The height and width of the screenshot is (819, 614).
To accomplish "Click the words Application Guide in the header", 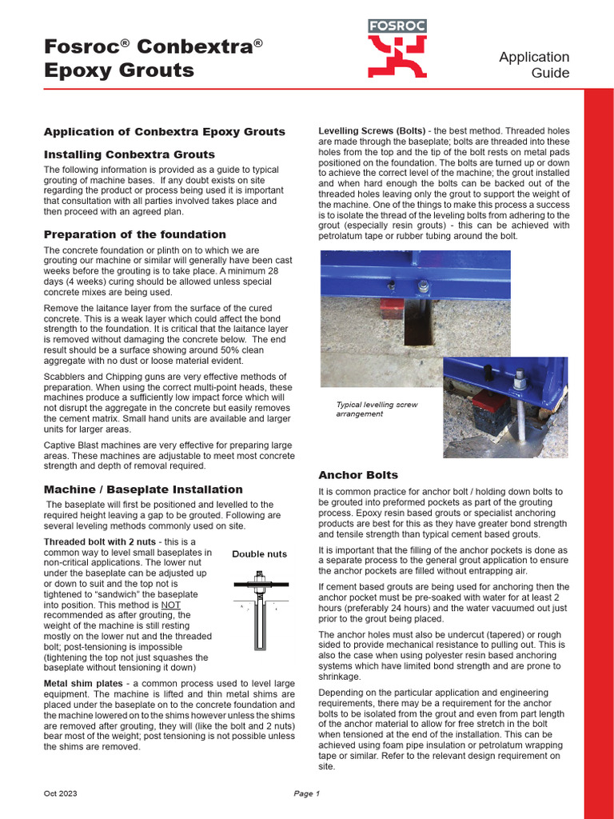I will click(x=534, y=65).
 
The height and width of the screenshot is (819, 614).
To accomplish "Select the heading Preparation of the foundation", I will click(x=134, y=234).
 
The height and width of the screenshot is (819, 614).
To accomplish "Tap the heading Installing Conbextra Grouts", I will click(x=129, y=154).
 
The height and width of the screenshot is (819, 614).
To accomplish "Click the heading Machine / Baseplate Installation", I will click(x=143, y=489).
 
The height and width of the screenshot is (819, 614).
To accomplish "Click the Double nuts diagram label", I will click(x=259, y=553).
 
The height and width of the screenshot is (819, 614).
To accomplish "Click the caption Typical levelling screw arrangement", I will click(x=377, y=409).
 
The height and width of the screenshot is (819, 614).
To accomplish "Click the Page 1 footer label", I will click(x=306, y=793).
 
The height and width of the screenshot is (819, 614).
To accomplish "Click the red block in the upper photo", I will click(x=391, y=309).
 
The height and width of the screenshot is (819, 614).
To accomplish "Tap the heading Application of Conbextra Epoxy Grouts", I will click(x=164, y=131).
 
